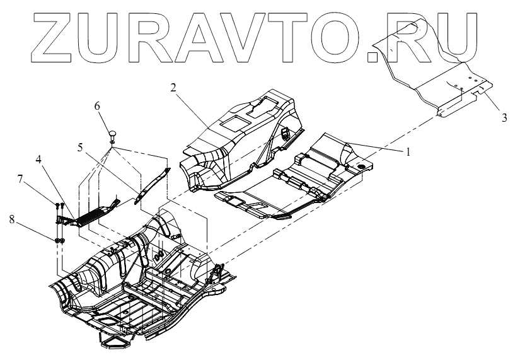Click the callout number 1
click(x=408, y=151)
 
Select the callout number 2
click(x=172, y=86)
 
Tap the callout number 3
click(x=504, y=117)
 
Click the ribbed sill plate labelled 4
click(x=88, y=214)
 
